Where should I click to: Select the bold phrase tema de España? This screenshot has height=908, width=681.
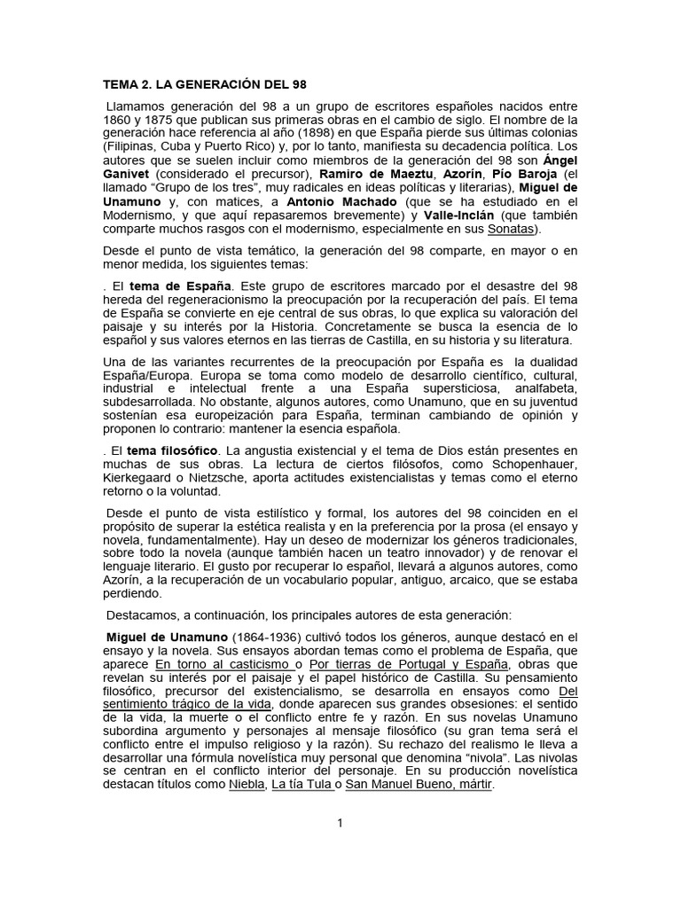pos(180,286)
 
